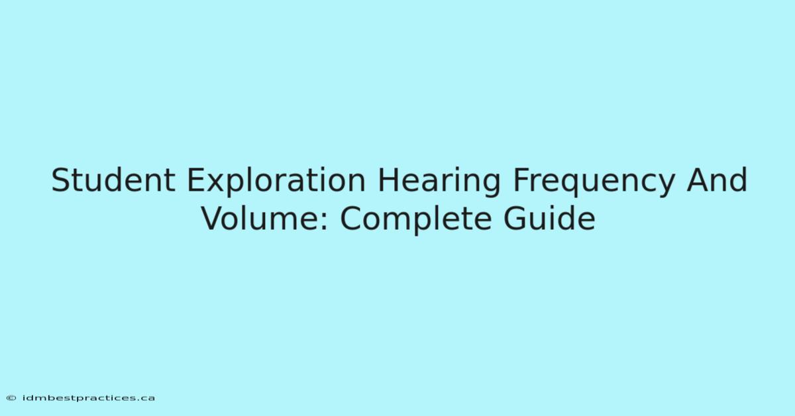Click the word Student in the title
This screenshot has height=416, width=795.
(x=113, y=180)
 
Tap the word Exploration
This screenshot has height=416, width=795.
(x=276, y=180)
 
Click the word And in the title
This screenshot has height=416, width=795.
(x=717, y=180)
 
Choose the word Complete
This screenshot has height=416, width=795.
(x=416, y=220)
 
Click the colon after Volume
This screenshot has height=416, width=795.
(x=325, y=221)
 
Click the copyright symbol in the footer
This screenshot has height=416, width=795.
(x=11, y=398)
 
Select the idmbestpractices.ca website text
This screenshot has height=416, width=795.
(x=89, y=398)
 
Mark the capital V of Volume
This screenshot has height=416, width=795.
(x=213, y=218)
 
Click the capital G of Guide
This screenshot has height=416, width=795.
(x=515, y=218)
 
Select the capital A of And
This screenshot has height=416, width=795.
(x=698, y=180)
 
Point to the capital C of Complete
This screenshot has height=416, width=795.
(x=351, y=218)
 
